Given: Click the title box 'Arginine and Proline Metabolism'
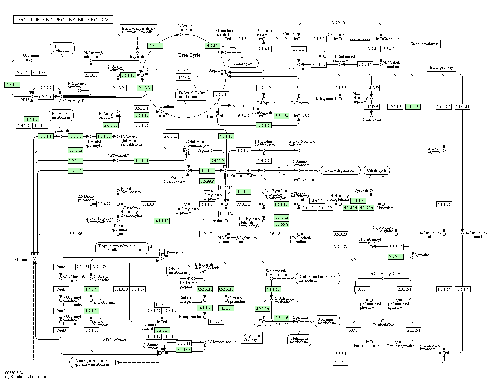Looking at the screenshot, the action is coord(63,20).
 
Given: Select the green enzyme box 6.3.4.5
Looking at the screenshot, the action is coord(155,46).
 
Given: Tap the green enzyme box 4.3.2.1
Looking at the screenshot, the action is coord(212,46).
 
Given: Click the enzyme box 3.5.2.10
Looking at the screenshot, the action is coord(338,23).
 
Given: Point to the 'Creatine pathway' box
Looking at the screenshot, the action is coord(424,44).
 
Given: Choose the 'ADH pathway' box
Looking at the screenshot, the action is coord(441,68).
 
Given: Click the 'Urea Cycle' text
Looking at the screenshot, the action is coord(189,55).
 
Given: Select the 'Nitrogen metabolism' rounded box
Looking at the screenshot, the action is coord(62,48).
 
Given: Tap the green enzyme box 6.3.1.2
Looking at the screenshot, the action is coord(12,85).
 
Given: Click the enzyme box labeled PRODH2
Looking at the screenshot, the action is coord(243,204).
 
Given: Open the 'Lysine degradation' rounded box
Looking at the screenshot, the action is coord(340,170).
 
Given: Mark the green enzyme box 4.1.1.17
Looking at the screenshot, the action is coord(162,221).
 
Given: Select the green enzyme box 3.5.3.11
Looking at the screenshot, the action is coord(396,257).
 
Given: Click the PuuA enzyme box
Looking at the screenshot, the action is coord(61,267).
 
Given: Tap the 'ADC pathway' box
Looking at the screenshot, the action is coord(114,340).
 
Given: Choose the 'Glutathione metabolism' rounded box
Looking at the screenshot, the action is coord(299,340).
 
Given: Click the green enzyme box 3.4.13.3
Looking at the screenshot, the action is coord(184,349).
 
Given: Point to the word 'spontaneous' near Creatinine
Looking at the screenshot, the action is coord(360,39).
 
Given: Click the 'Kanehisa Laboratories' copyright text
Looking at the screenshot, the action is coord(26,377).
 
